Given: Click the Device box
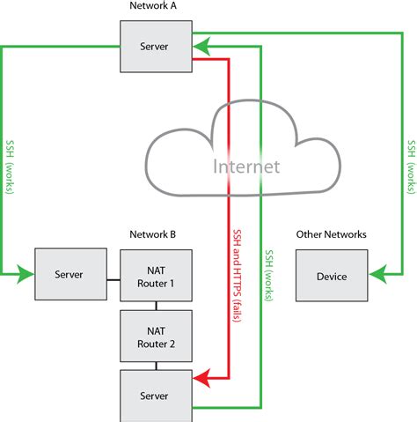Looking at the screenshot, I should [x=331, y=276].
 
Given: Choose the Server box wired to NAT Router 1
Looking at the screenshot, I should [x=69, y=275].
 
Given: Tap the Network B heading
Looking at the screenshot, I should [x=153, y=235].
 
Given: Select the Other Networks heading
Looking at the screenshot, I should [x=331, y=235].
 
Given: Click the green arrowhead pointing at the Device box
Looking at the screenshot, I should [x=374, y=276].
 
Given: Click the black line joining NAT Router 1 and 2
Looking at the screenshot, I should [x=156, y=306].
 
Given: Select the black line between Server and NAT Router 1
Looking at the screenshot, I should [x=113, y=281].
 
